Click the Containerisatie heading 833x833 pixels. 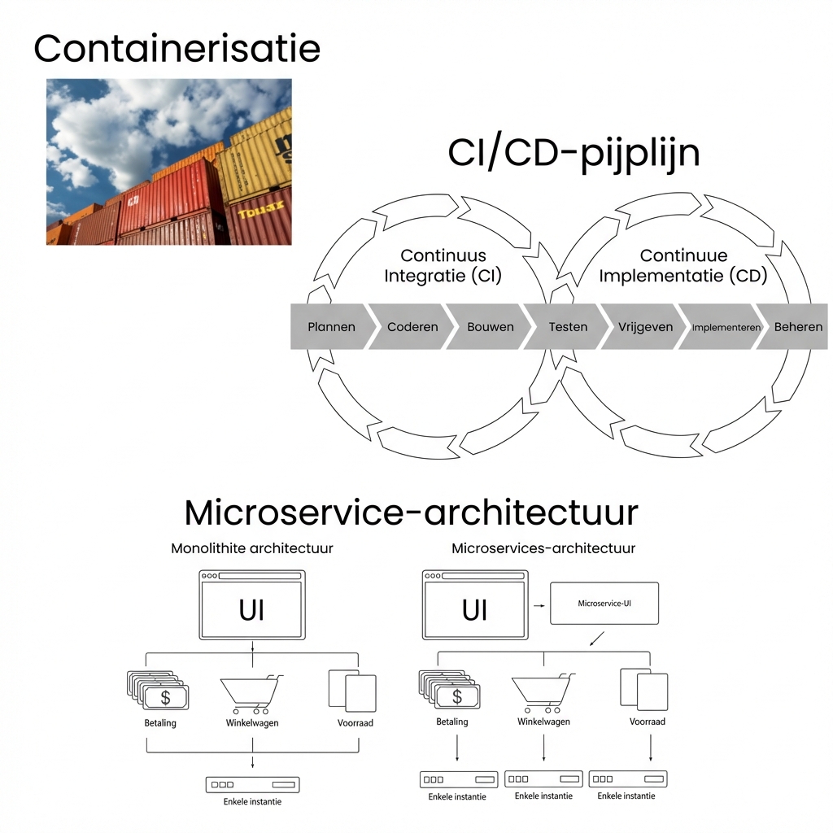tap(177, 49)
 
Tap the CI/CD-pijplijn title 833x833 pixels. tap(574, 153)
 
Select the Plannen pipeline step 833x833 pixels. tap(331, 327)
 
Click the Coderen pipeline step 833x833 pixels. tap(412, 327)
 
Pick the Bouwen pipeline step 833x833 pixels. tap(490, 327)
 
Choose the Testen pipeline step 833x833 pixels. tap(568, 327)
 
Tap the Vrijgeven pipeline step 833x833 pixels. tap(645, 327)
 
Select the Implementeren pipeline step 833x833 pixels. tap(726, 327)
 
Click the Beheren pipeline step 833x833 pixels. tap(797, 327)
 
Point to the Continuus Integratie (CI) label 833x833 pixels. tap(443, 266)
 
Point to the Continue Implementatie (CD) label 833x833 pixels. tap(683, 266)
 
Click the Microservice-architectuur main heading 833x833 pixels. tap(411, 512)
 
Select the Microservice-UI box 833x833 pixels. tap(604, 604)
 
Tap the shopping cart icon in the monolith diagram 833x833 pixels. tap(251, 693)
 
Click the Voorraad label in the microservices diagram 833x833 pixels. tap(647, 722)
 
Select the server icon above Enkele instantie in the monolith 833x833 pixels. tap(252, 785)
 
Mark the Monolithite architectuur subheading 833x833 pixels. tap(251, 548)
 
